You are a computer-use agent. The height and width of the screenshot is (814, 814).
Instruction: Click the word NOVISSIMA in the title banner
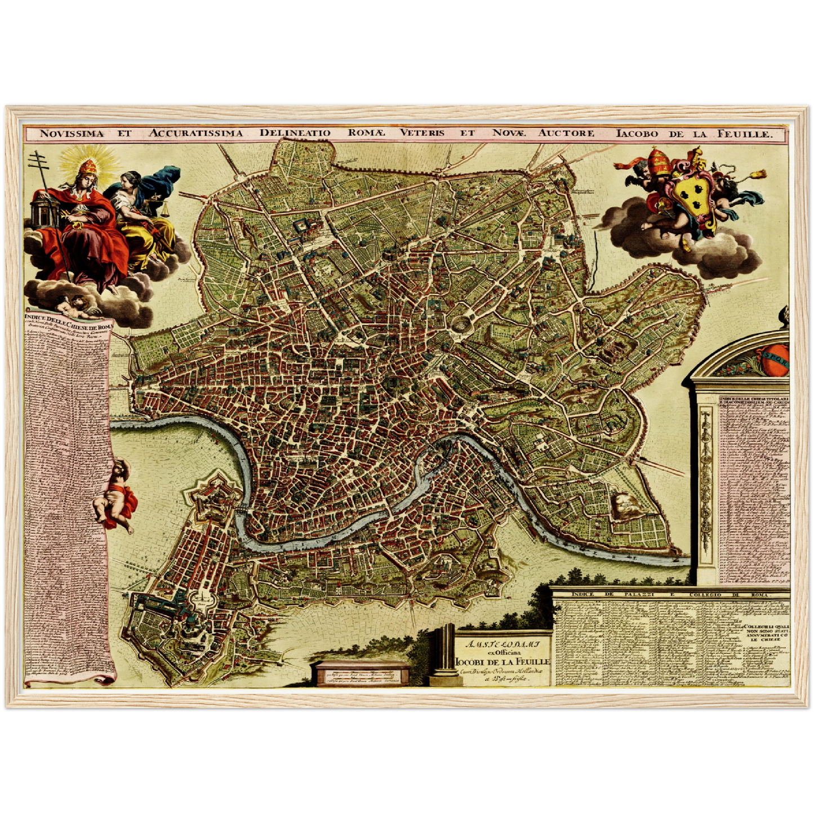coord(72,134)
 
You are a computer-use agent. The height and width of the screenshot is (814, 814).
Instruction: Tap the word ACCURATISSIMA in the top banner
coord(195,134)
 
